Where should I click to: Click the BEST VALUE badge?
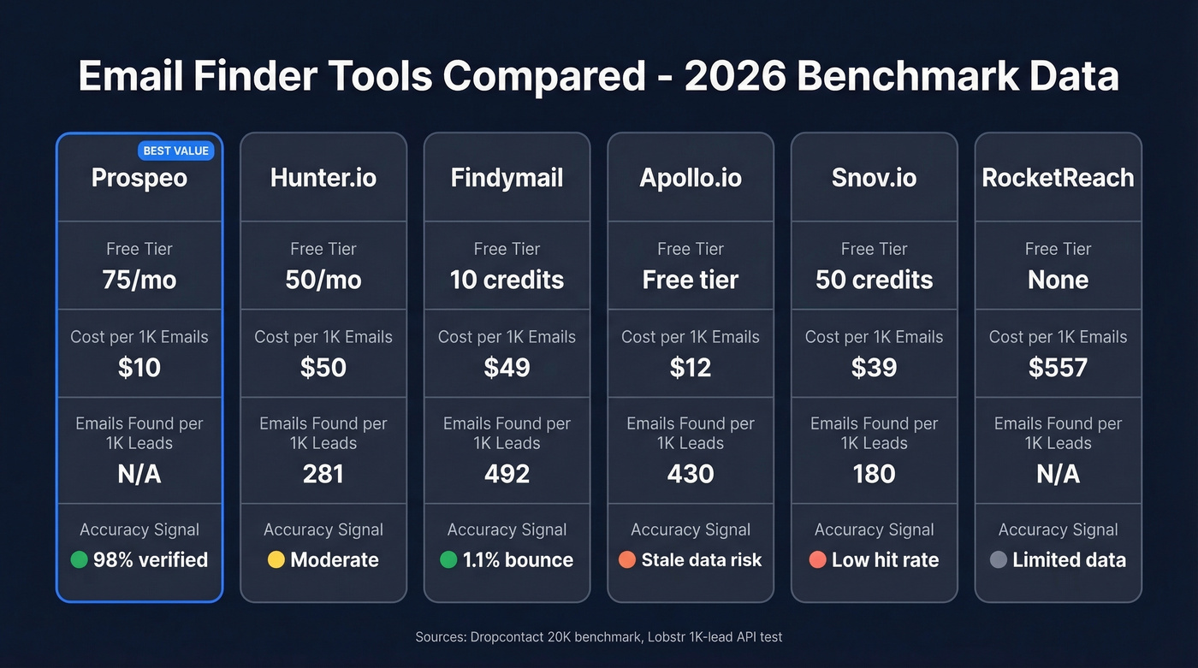175,151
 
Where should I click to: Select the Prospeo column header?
139,178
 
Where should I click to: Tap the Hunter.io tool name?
323,178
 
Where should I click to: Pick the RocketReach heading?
1058,178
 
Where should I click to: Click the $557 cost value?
1058,368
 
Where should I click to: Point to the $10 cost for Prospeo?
139,368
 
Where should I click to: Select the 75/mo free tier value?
139,280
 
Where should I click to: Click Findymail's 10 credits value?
507,280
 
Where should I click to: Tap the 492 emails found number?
507,474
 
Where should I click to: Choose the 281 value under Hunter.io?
323,474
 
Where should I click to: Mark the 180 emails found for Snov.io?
874,474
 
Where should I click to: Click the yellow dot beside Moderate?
276,560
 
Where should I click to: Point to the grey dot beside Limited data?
997,560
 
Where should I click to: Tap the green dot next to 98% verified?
79,560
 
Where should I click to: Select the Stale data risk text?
702,560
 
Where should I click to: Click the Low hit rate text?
885,560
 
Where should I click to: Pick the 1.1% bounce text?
518,560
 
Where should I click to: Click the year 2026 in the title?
733,76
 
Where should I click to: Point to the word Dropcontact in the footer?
504,637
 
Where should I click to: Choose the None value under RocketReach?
1058,280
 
